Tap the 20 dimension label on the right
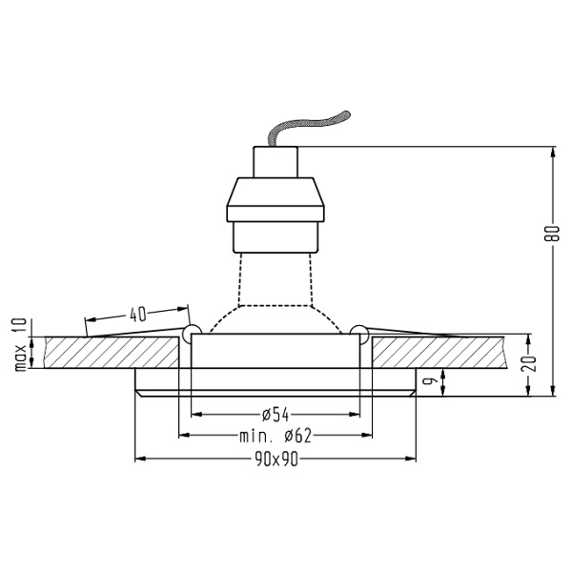[529, 363]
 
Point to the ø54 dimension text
[276, 415]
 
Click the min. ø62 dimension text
[276, 436]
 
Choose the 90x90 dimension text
[276, 460]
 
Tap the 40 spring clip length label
[137, 315]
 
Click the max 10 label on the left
[21, 344]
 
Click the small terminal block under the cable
[276, 162]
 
